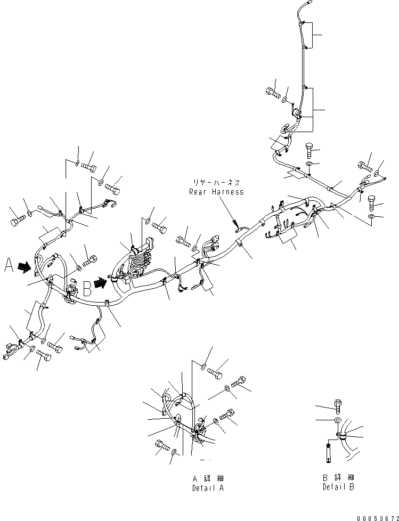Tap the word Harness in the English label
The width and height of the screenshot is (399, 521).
(x=228, y=192)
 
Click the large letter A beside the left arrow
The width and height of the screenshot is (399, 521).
(x=9, y=265)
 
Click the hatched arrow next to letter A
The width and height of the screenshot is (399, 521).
(x=25, y=267)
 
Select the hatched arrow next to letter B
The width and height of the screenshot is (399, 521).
(x=100, y=283)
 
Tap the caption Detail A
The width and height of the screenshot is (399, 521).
(x=208, y=488)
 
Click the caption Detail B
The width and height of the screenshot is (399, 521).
(x=338, y=487)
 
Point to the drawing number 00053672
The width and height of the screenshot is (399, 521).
(x=378, y=518)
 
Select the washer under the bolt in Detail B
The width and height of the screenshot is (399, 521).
(x=337, y=420)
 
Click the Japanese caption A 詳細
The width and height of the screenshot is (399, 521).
(x=208, y=478)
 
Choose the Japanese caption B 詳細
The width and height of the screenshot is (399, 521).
(x=338, y=477)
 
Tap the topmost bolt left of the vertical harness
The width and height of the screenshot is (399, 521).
(x=273, y=92)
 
